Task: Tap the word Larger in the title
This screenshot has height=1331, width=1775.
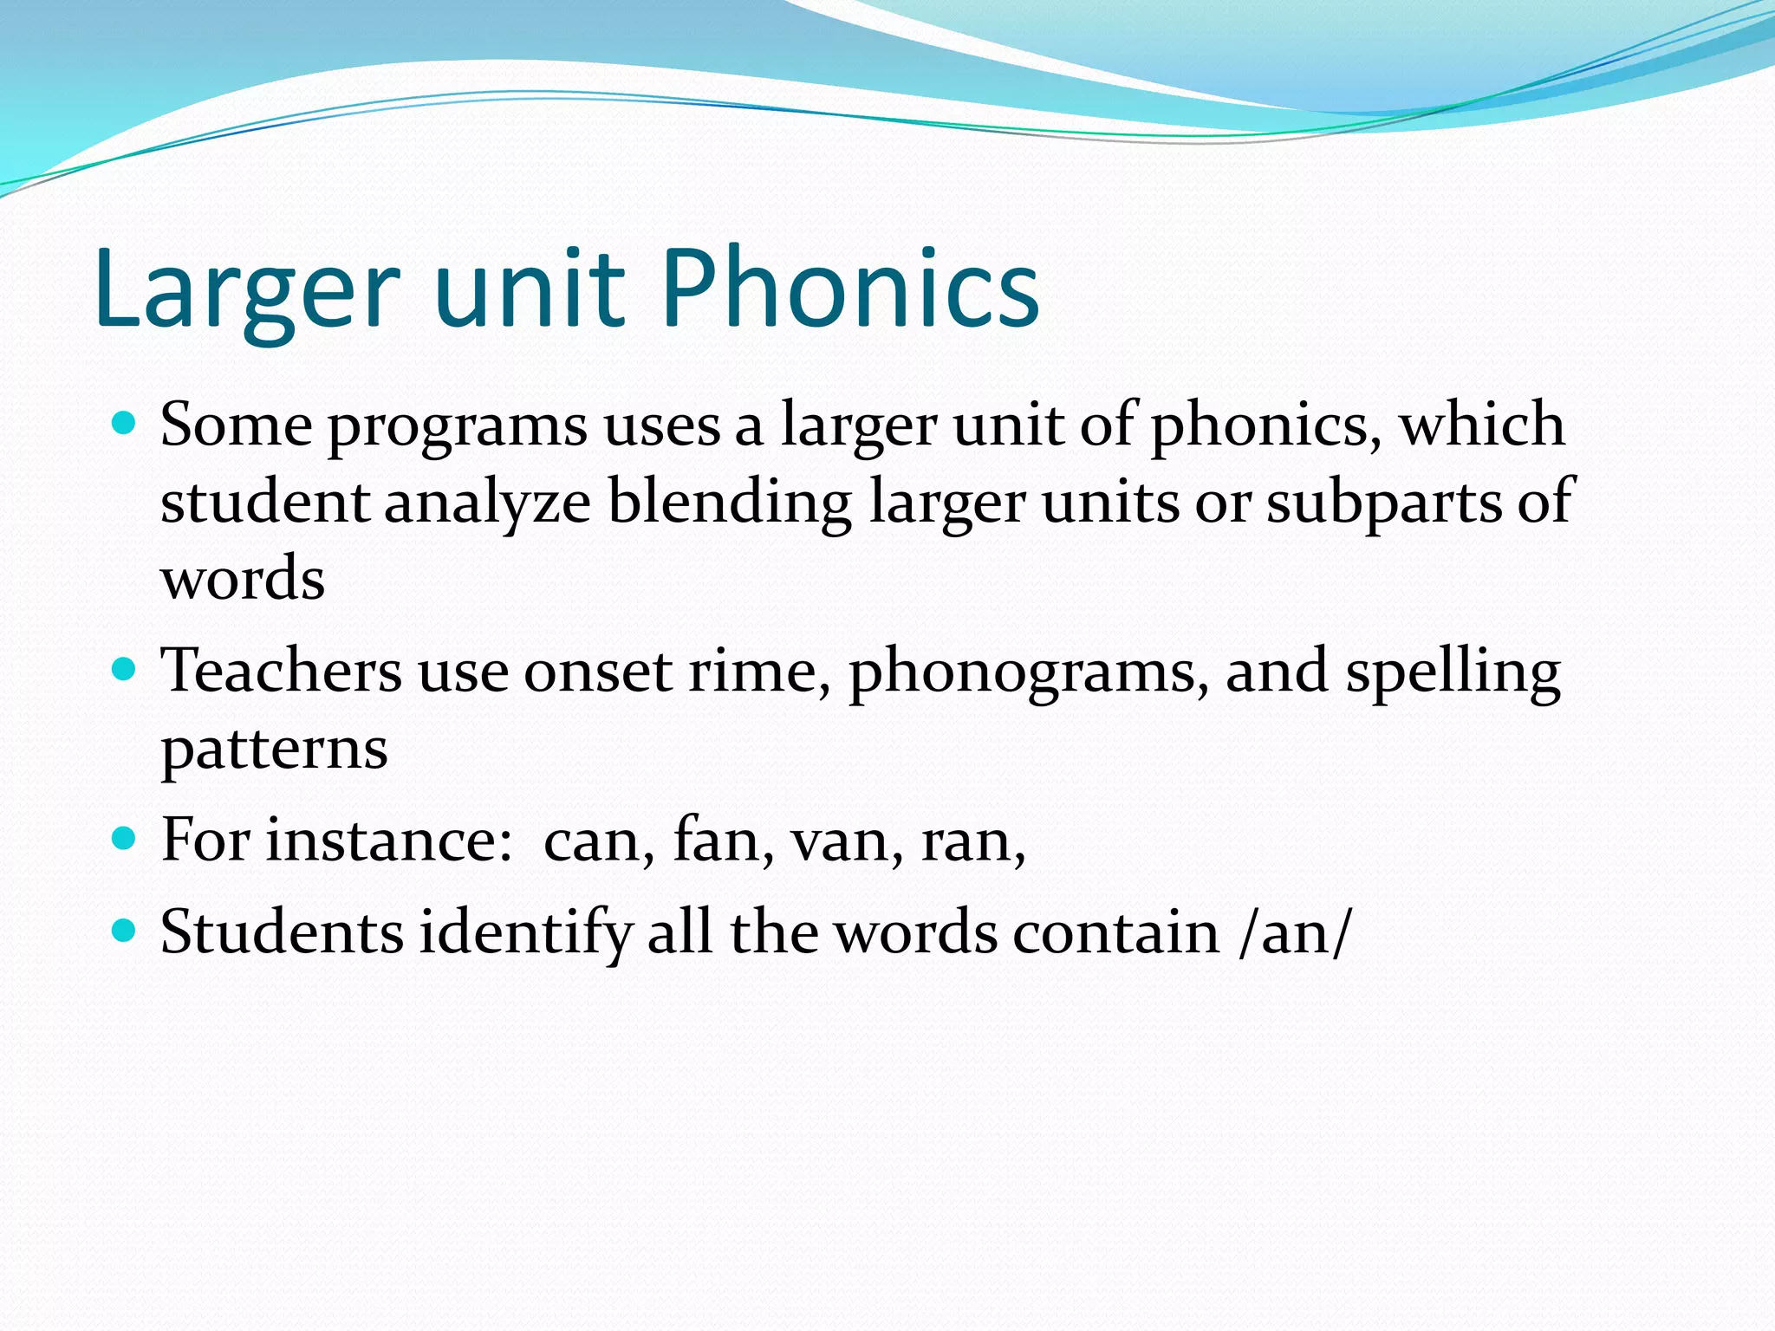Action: tap(247, 290)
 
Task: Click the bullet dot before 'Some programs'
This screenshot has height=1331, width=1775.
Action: tap(125, 424)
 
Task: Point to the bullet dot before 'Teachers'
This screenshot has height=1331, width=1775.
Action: tap(125, 670)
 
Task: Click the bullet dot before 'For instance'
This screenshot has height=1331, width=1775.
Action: tap(125, 838)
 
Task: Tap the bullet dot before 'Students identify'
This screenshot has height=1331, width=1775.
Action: tap(125, 931)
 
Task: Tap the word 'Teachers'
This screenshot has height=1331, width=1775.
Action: tap(282, 671)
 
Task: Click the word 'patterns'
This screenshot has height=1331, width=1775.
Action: tap(274, 750)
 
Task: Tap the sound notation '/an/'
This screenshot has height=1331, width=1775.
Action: tap(1295, 934)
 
